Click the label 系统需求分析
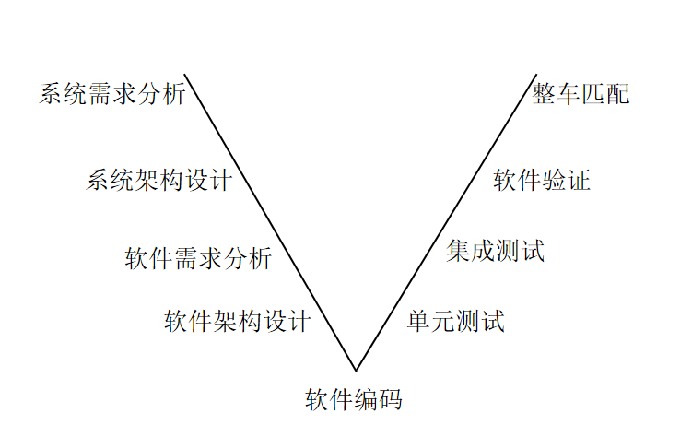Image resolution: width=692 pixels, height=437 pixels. pos(112,94)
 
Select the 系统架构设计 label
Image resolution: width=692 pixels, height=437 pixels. pos(158,180)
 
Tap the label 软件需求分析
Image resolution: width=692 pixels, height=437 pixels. pos(198,258)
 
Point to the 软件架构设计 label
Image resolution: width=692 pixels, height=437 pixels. pos(238,321)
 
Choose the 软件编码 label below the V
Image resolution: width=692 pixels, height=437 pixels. pos(354,399)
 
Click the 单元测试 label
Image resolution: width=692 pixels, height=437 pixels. pos(456,321)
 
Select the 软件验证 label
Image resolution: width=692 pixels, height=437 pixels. pos(542,180)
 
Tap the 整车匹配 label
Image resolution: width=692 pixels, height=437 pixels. pos(581,94)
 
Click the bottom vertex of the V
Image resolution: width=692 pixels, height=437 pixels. pos(356,371)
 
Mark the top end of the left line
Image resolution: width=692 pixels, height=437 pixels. pos(185,74)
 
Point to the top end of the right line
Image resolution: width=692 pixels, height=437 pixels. pos(536,74)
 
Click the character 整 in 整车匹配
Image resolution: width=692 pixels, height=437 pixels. pos(545,94)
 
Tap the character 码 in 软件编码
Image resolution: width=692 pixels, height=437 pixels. pos(391,399)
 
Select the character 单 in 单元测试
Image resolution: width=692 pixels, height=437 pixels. pos(419,321)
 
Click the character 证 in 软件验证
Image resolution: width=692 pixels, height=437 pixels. pos(579,180)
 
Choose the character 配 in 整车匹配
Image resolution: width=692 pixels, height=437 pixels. pos(618,94)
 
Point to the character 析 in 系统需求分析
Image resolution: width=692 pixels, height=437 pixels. pos(174,94)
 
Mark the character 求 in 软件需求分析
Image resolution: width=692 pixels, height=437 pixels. pos(210,258)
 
